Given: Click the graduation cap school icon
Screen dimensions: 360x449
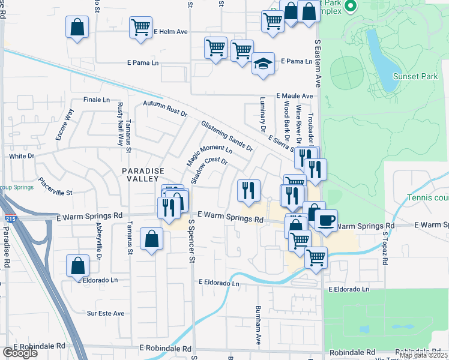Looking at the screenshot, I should pos(262,64).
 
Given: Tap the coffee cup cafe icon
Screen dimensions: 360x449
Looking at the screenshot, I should pos(326,220).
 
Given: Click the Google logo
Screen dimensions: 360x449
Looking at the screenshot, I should pos(20,353).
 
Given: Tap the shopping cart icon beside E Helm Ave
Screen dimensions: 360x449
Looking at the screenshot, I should pos(140,27).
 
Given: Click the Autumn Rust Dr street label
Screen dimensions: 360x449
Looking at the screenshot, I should pos(165,109).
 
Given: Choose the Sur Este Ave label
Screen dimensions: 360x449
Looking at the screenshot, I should pos(106,313).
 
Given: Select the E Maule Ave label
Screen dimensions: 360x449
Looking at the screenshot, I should pos(295,96).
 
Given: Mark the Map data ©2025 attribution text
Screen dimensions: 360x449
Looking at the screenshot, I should pos(423,355).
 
